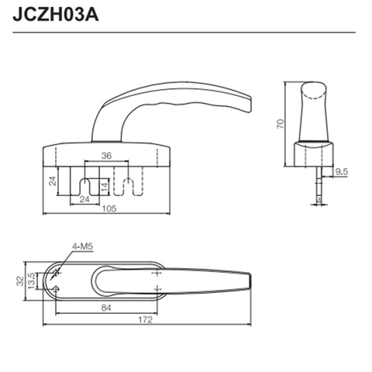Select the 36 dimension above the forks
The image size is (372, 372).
point(106,155)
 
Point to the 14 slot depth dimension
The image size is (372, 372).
point(105,187)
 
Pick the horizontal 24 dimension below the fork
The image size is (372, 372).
point(86,199)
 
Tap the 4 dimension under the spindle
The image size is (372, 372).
point(321,200)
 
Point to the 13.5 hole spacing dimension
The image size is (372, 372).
point(32,279)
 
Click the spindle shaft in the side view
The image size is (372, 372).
point(319,174)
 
